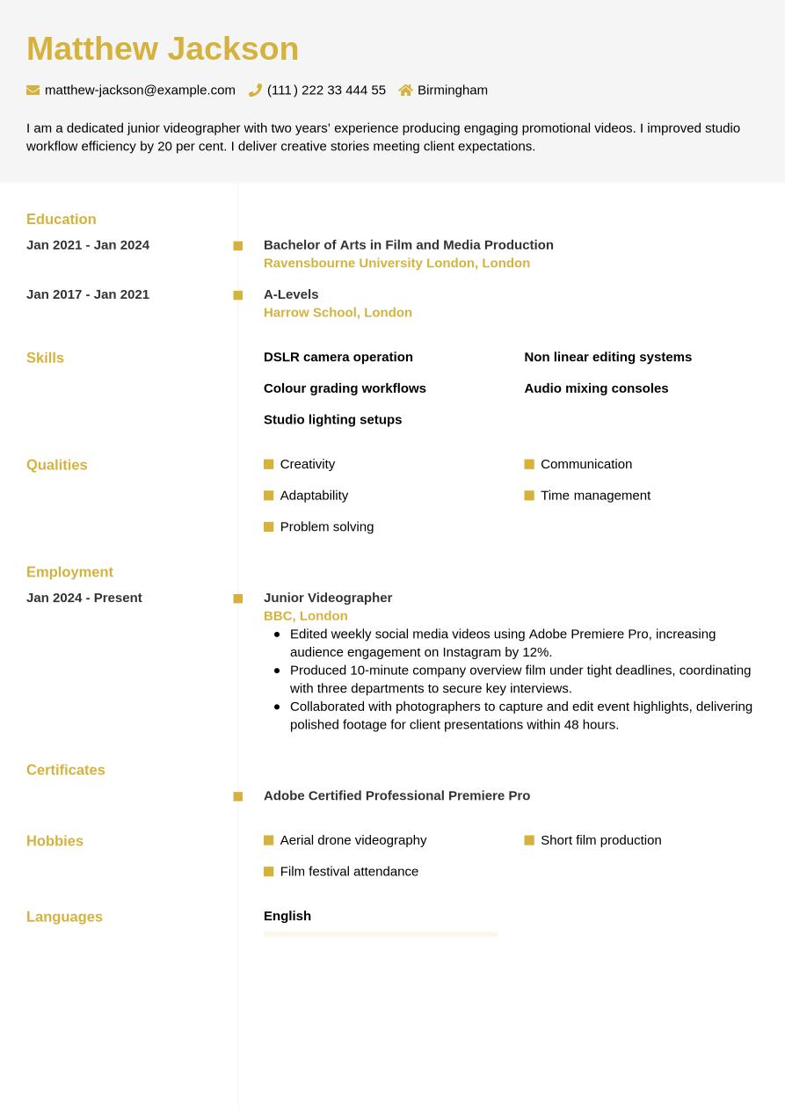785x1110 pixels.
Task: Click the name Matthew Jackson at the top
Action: (163, 49)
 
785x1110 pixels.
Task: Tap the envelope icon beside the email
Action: (33, 90)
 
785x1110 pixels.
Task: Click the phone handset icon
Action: (256, 90)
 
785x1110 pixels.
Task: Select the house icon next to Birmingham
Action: (405, 90)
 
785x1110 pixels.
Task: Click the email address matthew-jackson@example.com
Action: (140, 90)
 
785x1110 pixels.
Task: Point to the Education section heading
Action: (62, 219)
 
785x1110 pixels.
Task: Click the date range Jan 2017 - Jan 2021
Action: (88, 294)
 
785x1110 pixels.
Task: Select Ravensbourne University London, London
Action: (396, 263)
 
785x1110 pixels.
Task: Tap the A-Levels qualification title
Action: (291, 294)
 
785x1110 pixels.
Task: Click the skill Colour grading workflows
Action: (345, 388)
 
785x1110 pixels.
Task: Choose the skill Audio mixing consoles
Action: (596, 388)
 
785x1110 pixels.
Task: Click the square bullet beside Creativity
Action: (269, 464)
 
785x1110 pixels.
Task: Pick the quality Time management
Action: (595, 495)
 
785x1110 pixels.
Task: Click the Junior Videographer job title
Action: (328, 597)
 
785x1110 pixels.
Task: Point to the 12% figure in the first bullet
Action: (536, 652)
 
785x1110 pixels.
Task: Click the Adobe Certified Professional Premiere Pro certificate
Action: (396, 795)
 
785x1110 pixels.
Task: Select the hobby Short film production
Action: (600, 839)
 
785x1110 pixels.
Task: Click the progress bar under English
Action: (381, 934)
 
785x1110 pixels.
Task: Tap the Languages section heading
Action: (64, 917)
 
